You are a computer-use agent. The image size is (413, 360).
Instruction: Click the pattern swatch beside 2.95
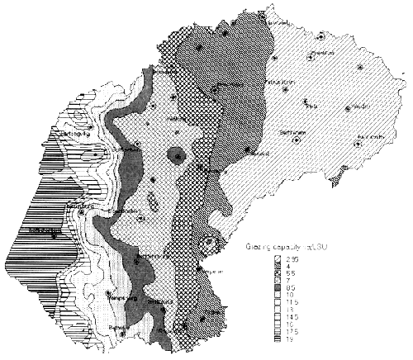point(280,258)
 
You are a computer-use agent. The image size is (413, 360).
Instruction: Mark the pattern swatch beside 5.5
point(280,273)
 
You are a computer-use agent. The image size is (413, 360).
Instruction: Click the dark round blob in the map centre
point(175,154)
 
